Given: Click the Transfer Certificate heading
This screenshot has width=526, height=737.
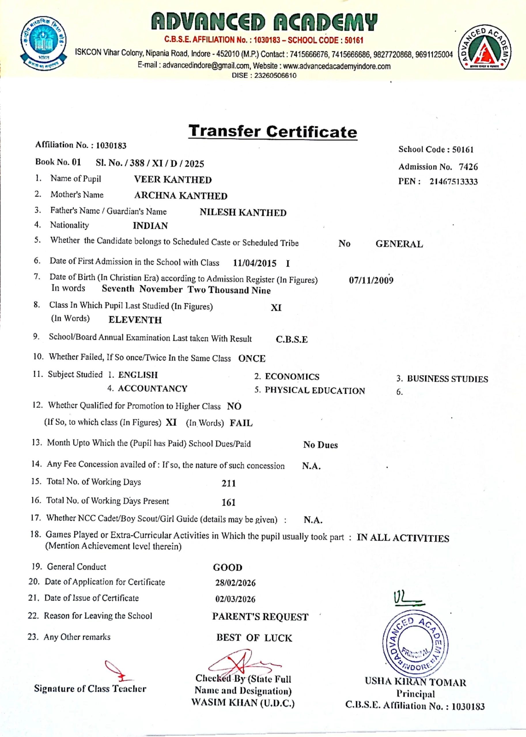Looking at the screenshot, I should [273, 131].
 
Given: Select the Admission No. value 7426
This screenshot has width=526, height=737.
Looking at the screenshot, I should [468, 167].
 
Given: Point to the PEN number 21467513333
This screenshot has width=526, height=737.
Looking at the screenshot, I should [453, 182].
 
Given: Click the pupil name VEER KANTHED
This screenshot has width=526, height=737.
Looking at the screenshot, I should [173, 180].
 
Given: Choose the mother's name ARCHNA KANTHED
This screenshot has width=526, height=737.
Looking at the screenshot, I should [181, 196].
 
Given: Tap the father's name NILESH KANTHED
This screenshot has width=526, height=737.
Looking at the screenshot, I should [243, 212].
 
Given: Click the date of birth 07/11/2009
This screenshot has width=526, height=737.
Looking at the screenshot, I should [371, 280].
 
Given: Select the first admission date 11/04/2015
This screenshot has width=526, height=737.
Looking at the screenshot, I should [255, 263].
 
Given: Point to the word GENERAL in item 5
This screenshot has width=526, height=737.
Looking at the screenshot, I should [399, 244].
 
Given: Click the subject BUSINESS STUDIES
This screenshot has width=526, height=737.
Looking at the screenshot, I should [447, 379].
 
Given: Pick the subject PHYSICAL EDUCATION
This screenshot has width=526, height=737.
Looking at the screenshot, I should [315, 391].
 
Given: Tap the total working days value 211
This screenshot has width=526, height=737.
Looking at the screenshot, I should [229, 484].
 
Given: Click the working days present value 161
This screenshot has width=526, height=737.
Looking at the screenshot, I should [229, 502].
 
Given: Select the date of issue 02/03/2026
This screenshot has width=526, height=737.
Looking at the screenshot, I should [235, 599].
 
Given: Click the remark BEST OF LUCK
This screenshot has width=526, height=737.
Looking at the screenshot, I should [254, 638].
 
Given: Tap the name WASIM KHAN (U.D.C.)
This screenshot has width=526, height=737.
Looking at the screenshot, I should [243, 703].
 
